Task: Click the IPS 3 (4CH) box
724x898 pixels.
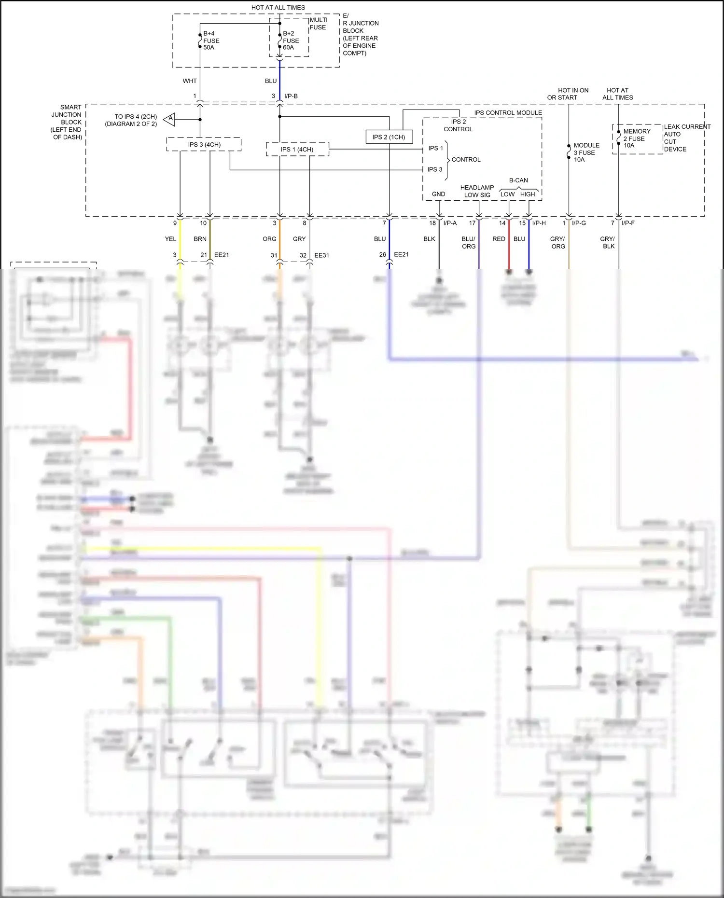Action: tap(204, 144)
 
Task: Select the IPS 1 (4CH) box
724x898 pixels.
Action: tap(297, 149)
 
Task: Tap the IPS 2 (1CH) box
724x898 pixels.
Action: tap(389, 137)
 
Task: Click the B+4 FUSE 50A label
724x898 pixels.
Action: tap(211, 41)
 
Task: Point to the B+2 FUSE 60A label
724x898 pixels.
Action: tap(291, 41)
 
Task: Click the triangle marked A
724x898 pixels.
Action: tap(169, 119)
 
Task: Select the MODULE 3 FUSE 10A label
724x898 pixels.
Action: tap(586, 152)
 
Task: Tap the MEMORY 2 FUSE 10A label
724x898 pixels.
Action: tap(636, 138)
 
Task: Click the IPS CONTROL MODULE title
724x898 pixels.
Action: tap(508, 113)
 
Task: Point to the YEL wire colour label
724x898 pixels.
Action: tap(170, 239)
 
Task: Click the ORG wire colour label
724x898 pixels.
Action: tap(269, 239)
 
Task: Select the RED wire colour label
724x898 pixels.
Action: tap(499, 239)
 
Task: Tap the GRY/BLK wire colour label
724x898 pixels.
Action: tap(608, 242)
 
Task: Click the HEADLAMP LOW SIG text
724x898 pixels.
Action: tap(477, 191)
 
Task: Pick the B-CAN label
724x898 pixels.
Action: tap(518, 180)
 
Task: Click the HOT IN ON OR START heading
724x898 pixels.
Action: tap(568, 94)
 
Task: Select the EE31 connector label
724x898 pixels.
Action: tap(321, 255)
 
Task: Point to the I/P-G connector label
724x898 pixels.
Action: tap(579, 223)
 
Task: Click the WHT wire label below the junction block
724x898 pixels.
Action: tap(190, 81)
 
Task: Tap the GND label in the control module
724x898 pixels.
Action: tap(438, 194)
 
